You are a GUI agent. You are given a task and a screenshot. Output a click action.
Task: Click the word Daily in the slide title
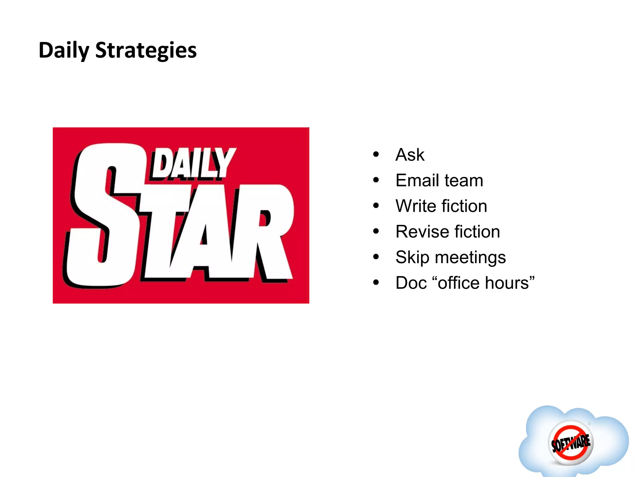click(64, 50)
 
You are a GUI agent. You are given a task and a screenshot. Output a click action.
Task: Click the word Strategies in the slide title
click(146, 50)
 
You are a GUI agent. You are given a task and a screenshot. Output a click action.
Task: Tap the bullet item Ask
click(410, 155)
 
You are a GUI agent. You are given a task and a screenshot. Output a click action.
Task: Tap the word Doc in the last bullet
click(411, 283)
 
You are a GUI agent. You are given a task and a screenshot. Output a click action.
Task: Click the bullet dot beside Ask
click(376, 154)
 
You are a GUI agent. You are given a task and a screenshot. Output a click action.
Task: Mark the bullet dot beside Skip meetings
click(376, 257)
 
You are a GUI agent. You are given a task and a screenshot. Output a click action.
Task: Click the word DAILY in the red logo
click(192, 163)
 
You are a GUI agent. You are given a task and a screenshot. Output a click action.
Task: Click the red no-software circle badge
click(571, 442)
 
